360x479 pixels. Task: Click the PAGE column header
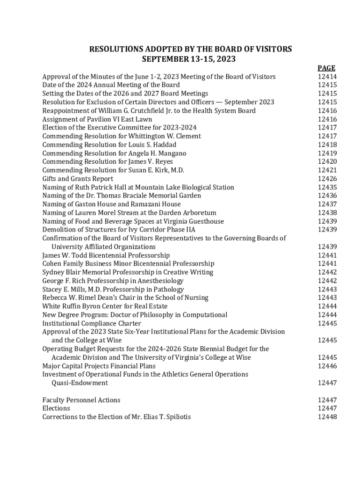click(327, 68)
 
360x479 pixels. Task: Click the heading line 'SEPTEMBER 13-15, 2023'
click(188, 59)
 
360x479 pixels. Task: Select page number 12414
click(327, 77)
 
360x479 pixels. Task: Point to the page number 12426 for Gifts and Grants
click(327, 179)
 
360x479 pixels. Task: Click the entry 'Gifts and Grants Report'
click(78, 179)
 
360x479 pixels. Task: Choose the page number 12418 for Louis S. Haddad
click(327, 145)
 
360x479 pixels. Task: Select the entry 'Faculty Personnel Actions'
click(81, 400)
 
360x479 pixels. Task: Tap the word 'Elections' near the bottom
click(56, 408)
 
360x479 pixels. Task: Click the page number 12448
click(327, 417)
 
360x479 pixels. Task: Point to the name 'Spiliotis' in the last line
click(177, 417)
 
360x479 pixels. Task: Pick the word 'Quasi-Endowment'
click(79, 383)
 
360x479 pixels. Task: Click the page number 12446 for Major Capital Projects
click(327, 366)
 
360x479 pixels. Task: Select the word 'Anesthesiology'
click(160, 281)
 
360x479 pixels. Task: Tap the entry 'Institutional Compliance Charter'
click(92, 323)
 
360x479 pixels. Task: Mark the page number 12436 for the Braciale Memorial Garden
click(327, 196)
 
